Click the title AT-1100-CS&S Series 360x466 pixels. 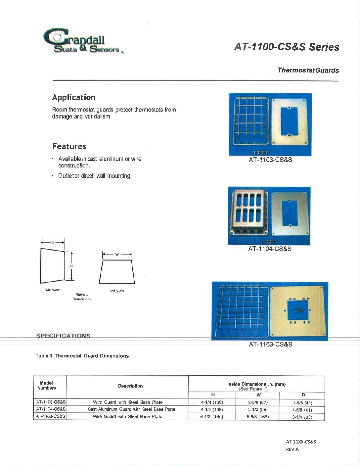pos(286,47)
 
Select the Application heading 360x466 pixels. pos(73,97)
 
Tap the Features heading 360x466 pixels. pos(69,146)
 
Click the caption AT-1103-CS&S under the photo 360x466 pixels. pos(270,160)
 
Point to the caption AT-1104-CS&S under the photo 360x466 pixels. pos(270,249)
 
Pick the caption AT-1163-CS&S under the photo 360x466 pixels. pos(270,344)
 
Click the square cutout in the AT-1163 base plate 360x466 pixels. pos(298,310)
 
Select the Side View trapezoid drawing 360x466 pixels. pos(52,265)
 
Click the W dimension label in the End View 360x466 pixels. pos(117,255)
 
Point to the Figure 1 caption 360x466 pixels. pos(82,294)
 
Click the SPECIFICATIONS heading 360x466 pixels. pos(63,336)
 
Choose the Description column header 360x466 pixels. pos(130,386)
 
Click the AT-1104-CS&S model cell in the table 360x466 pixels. pos(50,409)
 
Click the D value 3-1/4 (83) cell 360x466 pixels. pos(302,417)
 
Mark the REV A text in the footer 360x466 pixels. pos(292,449)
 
